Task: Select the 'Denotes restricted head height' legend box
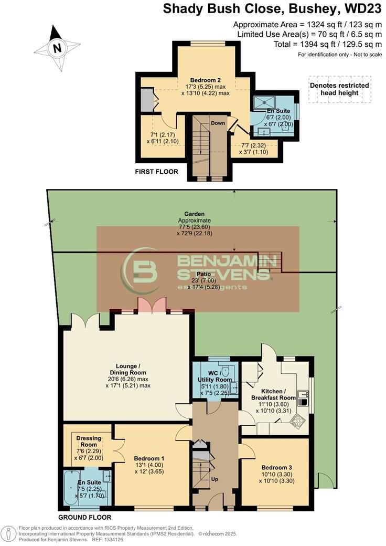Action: coord(339,89)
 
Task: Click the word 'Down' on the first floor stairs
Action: coord(218,123)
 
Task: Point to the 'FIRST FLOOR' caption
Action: coord(157,172)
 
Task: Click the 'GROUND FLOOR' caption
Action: coord(80,517)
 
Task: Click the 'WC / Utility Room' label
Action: coord(216,376)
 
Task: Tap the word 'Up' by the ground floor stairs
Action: coord(215,479)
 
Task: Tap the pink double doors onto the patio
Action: coord(152,304)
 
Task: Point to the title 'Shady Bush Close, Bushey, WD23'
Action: coord(272,9)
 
